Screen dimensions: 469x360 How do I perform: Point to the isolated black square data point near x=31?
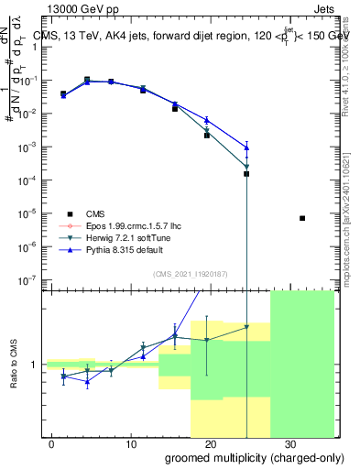[302, 218]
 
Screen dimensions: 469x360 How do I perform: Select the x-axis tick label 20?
[210, 442]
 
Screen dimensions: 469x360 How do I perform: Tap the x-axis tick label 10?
[131, 442]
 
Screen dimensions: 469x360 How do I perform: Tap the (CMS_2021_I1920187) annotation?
[190, 273]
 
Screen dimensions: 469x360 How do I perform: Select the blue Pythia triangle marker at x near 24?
[246, 147]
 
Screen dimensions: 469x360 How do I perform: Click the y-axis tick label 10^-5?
[28, 213]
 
